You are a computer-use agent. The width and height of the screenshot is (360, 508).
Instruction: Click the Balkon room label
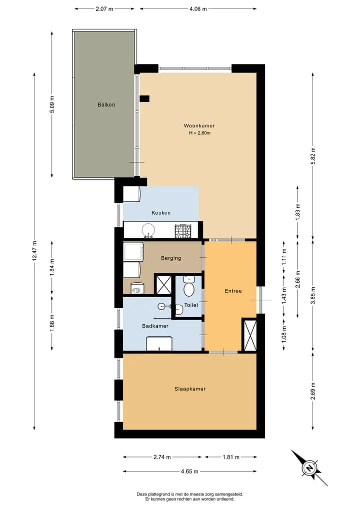(106, 104)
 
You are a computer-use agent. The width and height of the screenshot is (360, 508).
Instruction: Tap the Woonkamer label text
(199, 126)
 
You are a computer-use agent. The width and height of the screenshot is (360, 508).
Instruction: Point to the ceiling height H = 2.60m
(200, 133)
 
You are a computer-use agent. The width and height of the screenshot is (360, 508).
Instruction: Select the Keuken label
(161, 213)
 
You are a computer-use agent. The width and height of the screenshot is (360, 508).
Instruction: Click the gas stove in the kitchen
(183, 231)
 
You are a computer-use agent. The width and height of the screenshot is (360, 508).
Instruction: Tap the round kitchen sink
(148, 230)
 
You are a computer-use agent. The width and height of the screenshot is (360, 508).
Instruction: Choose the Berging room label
(171, 258)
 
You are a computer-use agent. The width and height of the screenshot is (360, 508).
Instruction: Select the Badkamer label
(155, 326)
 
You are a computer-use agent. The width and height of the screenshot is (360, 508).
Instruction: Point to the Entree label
(233, 291)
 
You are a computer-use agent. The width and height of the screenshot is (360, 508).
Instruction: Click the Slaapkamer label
(190, 389)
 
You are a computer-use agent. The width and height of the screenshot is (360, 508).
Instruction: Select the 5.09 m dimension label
(52, 104)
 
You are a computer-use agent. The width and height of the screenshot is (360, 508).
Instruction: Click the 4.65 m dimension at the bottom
(189, 472)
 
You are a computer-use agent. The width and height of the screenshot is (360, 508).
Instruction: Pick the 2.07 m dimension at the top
(104, 9)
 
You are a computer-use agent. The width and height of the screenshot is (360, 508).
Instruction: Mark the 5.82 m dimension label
(313, 156)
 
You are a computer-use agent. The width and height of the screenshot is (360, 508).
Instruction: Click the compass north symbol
(309, 468)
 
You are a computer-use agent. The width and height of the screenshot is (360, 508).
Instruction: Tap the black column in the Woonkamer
(144, 99)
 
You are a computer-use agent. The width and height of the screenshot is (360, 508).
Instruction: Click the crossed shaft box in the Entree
(249, 335)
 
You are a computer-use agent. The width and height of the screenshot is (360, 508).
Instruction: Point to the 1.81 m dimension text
(231, 457)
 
